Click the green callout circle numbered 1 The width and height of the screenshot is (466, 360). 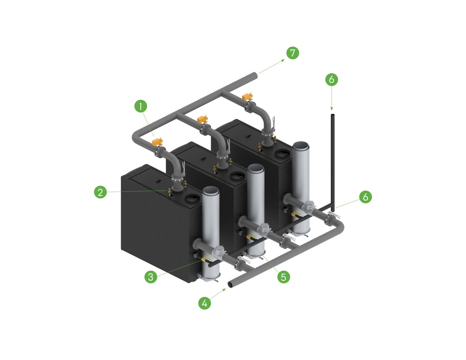tap(141, 106)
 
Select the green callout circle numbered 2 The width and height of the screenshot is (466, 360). tap(100, 192)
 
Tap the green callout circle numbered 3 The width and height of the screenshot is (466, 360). tap(151, 276)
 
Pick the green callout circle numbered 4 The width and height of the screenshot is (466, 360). tap(205, 303)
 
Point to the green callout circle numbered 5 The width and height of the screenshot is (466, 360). tap(283, 276)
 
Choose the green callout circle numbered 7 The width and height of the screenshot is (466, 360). tap(292, 53)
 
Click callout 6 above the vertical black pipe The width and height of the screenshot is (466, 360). tap(331, 79)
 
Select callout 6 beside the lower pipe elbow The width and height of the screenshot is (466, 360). tap(365, 197)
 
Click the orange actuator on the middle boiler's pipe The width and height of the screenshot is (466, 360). tap(203, 119)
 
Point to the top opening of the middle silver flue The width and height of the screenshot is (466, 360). tap(256, 168)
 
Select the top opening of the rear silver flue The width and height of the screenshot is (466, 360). tap(301, 146)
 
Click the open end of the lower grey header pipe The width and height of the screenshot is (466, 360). tap(230, 284)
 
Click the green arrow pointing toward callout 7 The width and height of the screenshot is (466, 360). tap(272, 66)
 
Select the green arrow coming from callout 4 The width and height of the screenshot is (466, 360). tap(218, 294)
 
